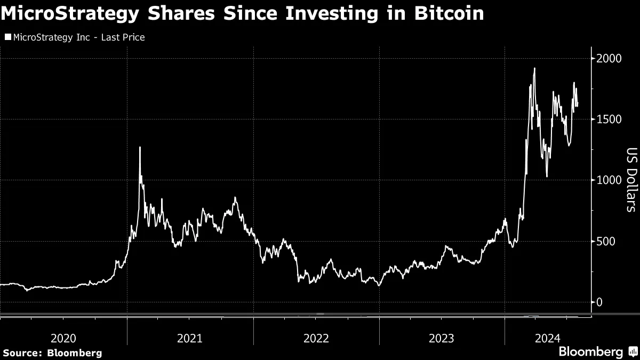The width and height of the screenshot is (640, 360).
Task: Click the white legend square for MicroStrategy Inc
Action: (x=7, y=37)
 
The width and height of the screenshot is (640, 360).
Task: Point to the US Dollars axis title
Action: (x=631, y=180)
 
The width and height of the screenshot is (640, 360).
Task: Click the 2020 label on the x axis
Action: (x=63, y=338)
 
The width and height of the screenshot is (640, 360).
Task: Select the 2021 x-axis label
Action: (x=190, y=338)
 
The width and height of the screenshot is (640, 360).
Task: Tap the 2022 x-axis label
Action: (x=316, y=338)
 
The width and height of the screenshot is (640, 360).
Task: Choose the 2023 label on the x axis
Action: (x=442, y=338)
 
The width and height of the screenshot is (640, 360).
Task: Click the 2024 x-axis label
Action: (x=548, y=338)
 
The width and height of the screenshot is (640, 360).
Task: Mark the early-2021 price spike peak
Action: (x=140, y=147)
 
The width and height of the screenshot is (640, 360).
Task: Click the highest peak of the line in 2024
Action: (x=534, y=68)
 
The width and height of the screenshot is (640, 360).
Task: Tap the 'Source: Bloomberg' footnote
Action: (x=52, y=353)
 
